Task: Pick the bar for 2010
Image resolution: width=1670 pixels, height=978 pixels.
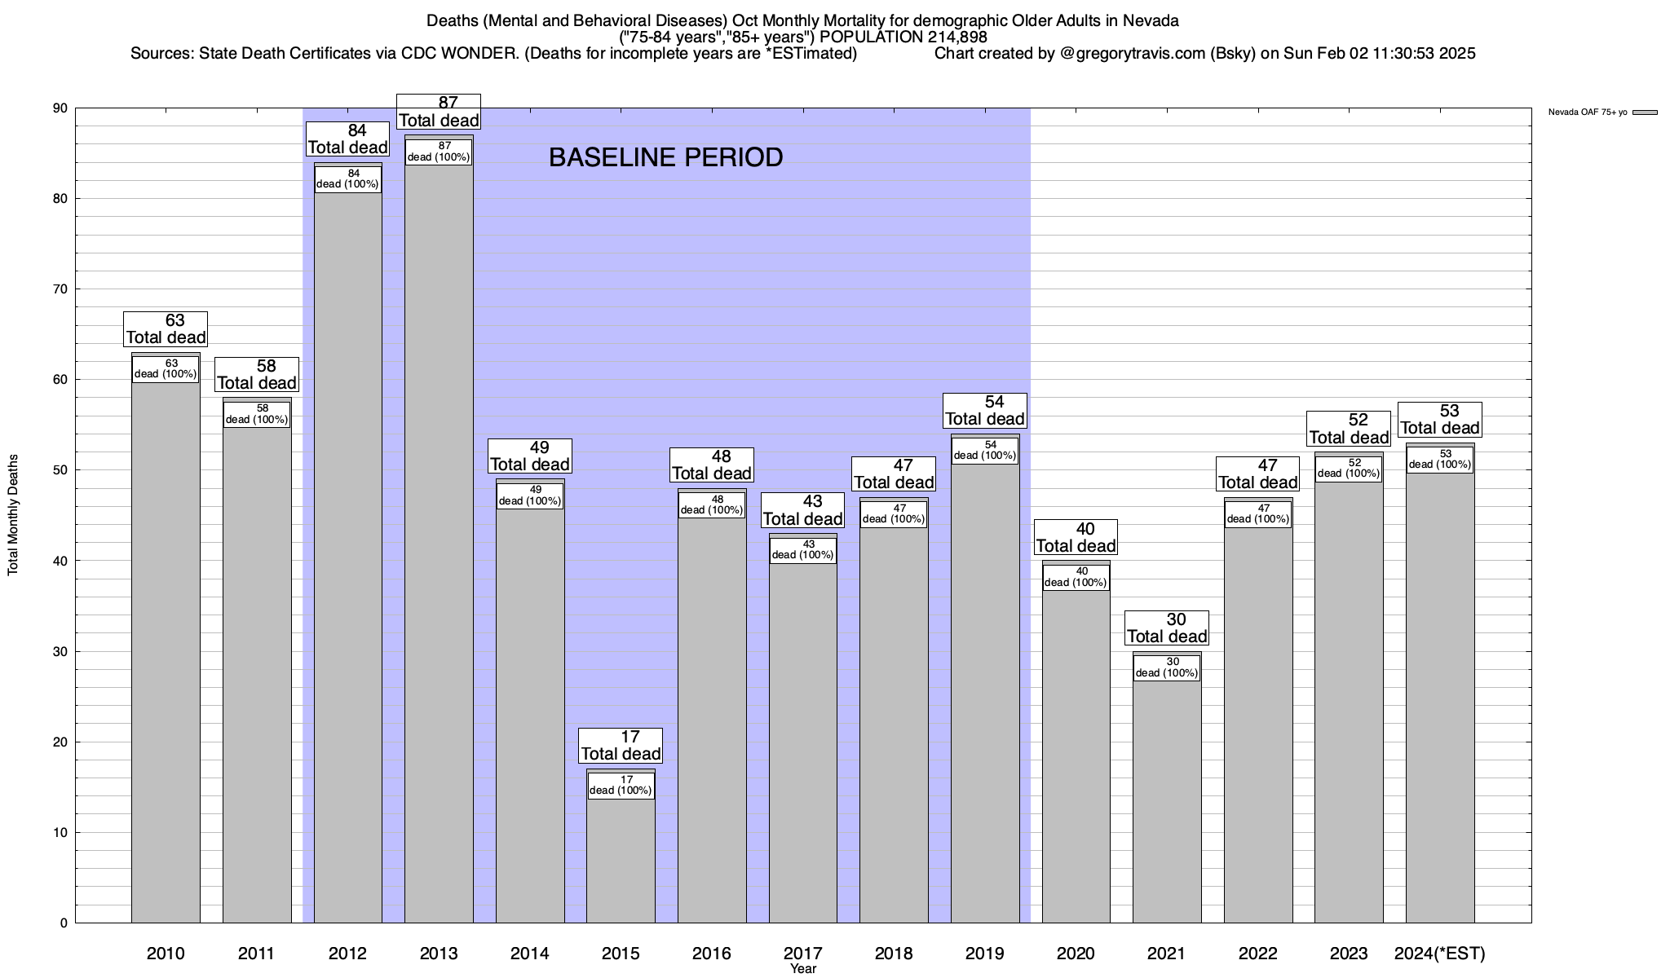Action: (166, 652)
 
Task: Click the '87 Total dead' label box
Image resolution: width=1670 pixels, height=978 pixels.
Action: (439, 112)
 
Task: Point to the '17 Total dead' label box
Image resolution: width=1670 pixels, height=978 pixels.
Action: (621, 746)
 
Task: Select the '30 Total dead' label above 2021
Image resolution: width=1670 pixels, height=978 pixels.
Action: (1167, 628)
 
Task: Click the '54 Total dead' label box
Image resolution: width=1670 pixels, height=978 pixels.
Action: (984, 411)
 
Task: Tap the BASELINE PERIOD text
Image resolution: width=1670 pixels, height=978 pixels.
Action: (665, 157)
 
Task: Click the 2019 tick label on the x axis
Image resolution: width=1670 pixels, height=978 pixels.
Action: (984, 953)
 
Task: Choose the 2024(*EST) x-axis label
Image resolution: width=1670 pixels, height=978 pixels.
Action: (1440, 953)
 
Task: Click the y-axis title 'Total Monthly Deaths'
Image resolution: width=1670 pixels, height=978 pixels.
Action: (13, 515)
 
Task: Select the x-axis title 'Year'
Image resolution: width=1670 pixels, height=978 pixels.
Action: (803, 969)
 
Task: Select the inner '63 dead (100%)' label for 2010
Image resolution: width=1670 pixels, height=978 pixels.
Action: (166, 369)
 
